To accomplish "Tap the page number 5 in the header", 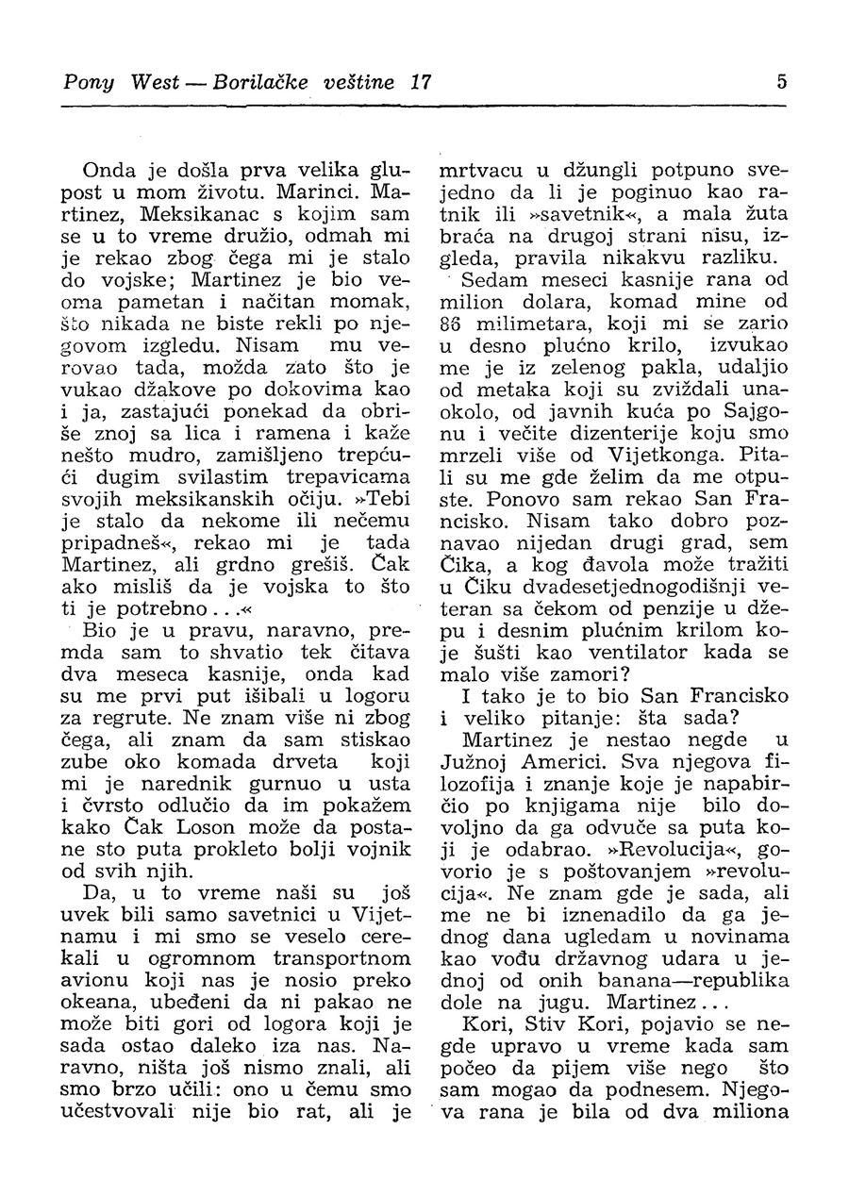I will [x=781, y=82].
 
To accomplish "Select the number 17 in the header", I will [x=420, y=82].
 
